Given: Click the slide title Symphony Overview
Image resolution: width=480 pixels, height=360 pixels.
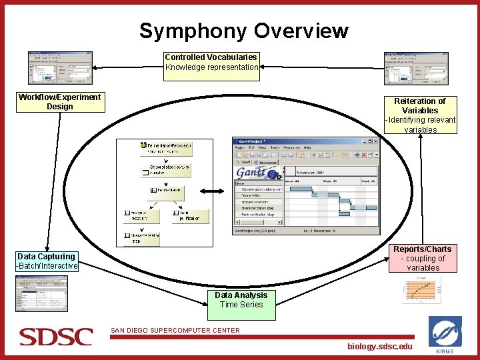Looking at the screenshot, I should (243, 31).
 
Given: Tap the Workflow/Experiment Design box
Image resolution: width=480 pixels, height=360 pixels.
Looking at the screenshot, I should (59, 102).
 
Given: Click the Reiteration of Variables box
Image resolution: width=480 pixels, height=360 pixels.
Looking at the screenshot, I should (420, 115).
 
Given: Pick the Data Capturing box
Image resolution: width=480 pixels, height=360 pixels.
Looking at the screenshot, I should (47, 261).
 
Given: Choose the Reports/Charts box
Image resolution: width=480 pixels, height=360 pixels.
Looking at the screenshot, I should (423, 259).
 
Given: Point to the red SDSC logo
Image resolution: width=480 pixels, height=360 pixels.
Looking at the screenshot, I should (55, 337).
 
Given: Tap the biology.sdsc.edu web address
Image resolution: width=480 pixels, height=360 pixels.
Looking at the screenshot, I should (380, 346).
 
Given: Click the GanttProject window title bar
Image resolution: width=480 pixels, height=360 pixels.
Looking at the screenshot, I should (306, 141).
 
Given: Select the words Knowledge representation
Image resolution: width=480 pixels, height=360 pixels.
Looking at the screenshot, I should (212, 67).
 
